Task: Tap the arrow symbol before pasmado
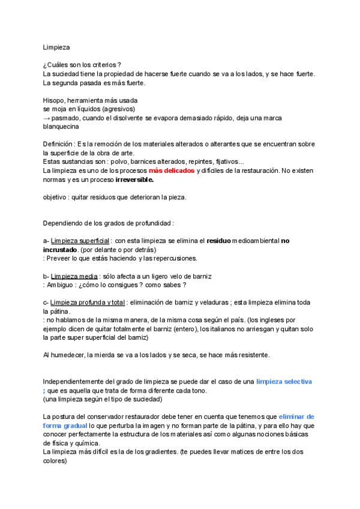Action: tap(47, 118)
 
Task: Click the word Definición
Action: tap(58, 145)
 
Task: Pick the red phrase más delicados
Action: tap(172, 170)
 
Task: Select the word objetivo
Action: tap(55, 197)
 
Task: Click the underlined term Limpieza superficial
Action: tap(83, 241)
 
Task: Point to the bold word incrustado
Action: tap(60, 249)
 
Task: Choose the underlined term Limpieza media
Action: tap(73, 276)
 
